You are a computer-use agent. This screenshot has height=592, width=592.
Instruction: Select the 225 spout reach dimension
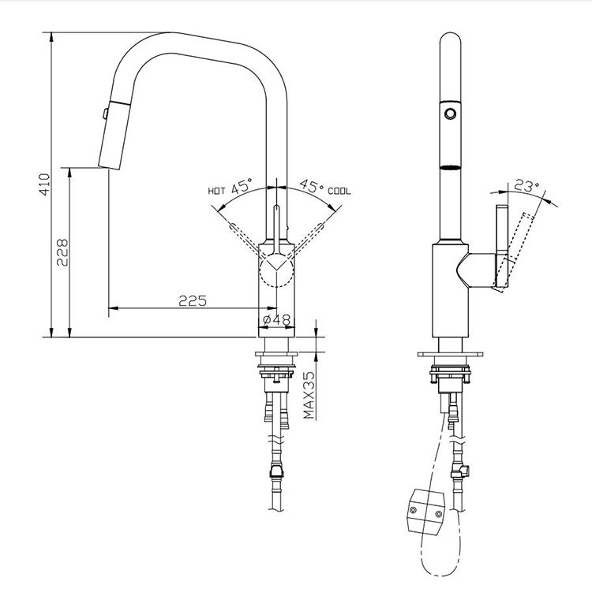[192, 300]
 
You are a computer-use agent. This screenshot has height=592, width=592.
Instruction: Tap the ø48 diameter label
[276, 319]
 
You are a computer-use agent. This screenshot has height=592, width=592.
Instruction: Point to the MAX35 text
[310, 396]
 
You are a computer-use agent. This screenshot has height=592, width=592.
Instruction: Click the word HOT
[216, 191]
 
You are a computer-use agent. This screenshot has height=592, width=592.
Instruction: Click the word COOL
[340, 191]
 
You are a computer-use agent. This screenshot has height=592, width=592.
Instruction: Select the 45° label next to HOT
[242, 187]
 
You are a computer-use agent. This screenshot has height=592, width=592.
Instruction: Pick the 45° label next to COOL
[312, 187]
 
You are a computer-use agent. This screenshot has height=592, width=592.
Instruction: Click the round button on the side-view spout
[450, 114]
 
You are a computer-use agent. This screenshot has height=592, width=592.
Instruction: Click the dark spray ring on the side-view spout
[450, 167]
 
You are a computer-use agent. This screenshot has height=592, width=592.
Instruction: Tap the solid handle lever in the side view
[501, 246]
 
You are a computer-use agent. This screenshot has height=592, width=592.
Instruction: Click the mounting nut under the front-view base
[276, 375]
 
